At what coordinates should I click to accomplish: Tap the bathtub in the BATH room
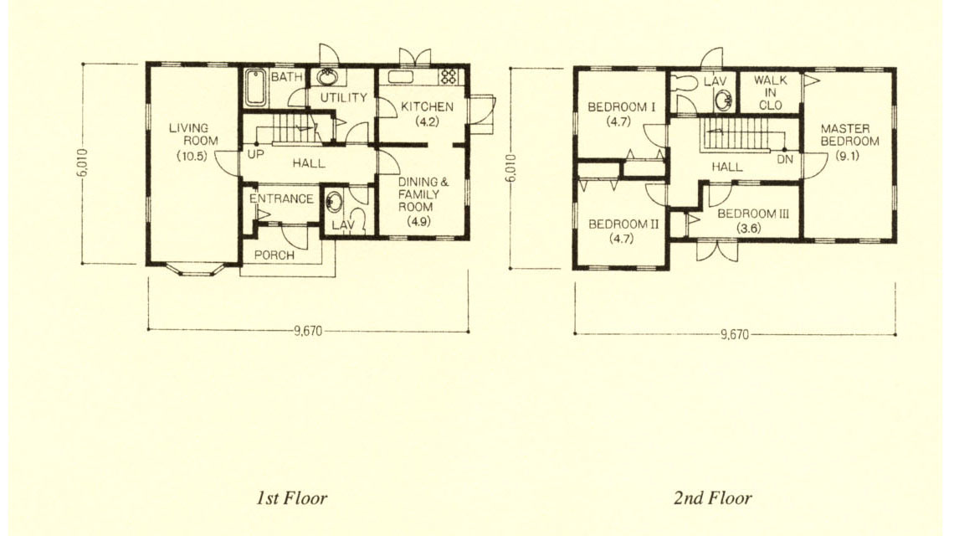255,88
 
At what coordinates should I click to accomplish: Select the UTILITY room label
344,97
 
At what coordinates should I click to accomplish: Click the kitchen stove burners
449,76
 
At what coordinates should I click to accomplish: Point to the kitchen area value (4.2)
427,121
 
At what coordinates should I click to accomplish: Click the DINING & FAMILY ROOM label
423,194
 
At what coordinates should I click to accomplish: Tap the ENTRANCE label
281,198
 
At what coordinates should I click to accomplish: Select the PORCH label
274,255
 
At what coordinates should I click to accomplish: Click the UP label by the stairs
255,155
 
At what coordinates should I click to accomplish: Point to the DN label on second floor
785,159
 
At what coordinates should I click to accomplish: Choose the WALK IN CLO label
770,92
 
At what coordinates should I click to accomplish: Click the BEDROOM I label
621,107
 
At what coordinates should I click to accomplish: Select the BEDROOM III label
753,214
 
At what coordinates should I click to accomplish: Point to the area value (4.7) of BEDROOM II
621,238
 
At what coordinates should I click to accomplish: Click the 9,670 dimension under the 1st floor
308,332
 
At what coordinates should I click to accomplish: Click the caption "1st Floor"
291,498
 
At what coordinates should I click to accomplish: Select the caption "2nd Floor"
712,498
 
